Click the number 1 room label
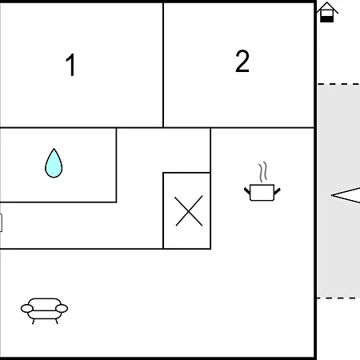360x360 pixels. (x=70, y=65)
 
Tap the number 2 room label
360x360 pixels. (x=242, y=61)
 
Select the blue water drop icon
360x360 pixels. (x=54, y=163)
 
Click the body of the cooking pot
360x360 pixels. (x=262, y=192)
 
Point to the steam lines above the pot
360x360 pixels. (x=262, y=172)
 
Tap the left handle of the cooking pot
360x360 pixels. (x=247, y=191)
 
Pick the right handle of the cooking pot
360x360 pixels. (x=278, y=191)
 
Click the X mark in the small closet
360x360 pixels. (x=189, y=211)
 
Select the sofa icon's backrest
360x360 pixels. (x=45, y=304)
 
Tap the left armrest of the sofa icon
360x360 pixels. (x=27, y=309)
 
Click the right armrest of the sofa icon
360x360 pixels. (x=62, y=309)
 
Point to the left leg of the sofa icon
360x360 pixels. (x=34, y=322)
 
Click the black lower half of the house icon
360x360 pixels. (x=326, y=19)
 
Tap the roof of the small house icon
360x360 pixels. (x=327, y=7)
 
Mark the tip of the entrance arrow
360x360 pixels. (x=331, y=195)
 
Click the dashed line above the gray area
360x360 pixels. (x=338, y=84)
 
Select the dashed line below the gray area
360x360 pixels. (x=338, y=298)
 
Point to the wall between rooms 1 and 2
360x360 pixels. (x=163, y=65)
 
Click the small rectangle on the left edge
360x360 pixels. (x=1, y=222)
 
